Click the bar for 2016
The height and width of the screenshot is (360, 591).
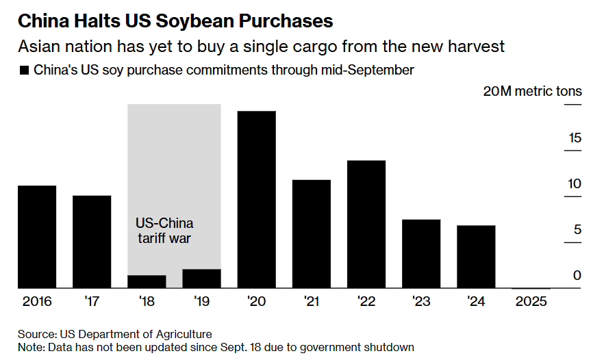[37, 237]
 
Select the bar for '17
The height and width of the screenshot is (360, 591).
[92, 242]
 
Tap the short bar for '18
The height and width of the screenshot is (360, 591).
[147, 281]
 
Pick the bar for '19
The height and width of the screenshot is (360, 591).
[201, 279]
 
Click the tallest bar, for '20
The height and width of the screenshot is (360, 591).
[256, 199]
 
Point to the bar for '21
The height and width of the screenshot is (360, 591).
[311, 233]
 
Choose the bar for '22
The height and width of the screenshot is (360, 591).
[366, 224]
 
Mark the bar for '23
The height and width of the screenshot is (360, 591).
[420, 254]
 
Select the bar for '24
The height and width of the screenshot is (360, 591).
[475, 257]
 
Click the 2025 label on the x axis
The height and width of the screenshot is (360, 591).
[530, 301]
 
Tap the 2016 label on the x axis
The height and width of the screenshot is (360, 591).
[37, 301]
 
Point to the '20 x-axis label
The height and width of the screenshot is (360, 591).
[256, 301]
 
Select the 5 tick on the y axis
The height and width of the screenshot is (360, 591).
[577, 230]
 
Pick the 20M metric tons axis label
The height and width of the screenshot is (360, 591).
[532, 91]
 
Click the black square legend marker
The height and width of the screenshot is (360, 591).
[25, 70]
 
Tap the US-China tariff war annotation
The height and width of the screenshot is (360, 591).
[164, 231]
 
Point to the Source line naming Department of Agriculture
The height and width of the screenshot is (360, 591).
[114, 334]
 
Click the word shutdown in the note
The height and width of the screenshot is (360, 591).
[389, 347]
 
